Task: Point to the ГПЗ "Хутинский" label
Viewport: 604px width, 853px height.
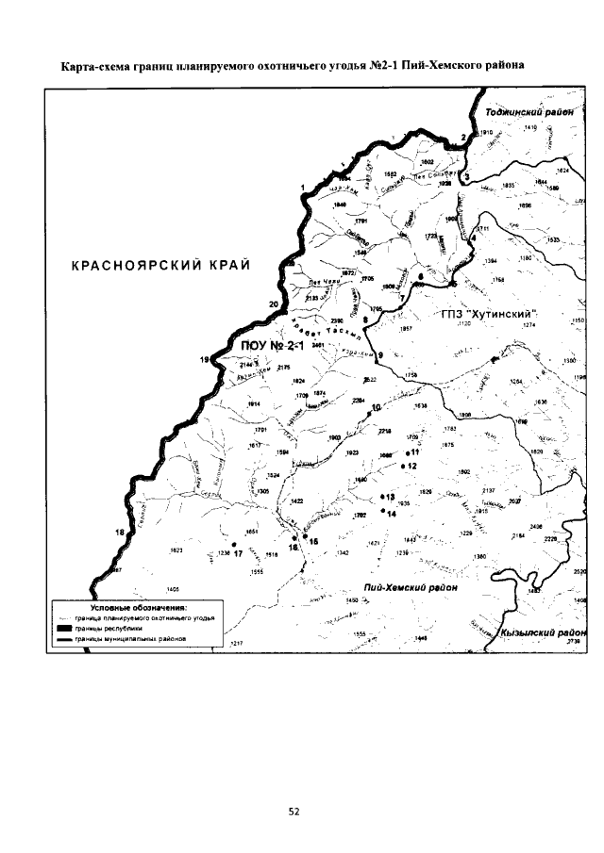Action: pos(489,312)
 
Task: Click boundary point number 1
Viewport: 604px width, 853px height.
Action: pos(302,188)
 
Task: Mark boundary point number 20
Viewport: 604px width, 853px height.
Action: pos(274,304)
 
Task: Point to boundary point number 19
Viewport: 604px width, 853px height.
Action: pos(204,360)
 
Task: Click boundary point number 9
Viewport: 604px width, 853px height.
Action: pos(379,354)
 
